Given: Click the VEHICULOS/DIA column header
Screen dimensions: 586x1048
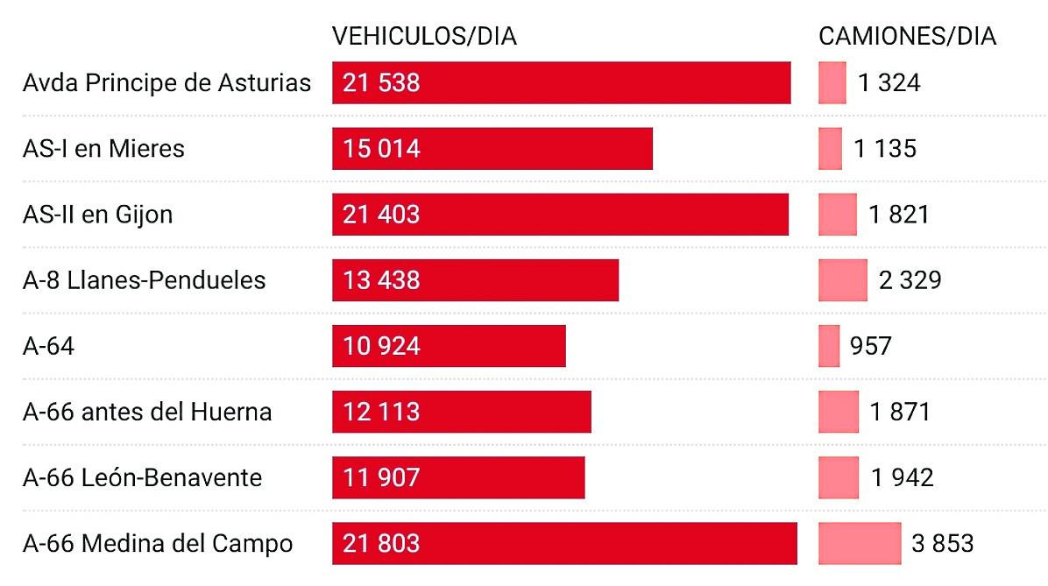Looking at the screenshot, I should point(424,36).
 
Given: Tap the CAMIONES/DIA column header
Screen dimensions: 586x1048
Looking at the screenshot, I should point(907,36).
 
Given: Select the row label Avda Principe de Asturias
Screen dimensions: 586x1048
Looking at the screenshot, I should point(166,83).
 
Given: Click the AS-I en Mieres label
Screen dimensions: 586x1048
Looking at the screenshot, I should point(103,149).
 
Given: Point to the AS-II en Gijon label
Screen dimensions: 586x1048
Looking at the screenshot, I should point(97,215).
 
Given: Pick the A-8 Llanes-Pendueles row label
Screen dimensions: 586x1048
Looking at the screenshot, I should point(144,280).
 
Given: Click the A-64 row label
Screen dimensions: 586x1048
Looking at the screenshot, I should point(48,346).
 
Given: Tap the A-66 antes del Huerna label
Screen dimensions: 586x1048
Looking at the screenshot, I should point(147,412).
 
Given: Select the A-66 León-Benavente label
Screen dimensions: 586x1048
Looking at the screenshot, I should point(142,477).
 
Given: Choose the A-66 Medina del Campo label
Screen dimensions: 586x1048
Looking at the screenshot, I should point(158,543).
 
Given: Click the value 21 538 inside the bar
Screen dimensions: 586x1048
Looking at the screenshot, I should point(382,83).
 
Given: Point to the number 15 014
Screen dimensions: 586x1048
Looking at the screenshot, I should point(382,149).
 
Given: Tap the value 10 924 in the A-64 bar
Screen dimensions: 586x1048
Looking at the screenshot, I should point(382,346).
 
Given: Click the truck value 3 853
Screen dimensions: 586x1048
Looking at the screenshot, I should point(942,543).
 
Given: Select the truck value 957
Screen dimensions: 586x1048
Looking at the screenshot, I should point(870,346).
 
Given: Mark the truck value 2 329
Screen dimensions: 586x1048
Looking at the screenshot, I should point(910,280).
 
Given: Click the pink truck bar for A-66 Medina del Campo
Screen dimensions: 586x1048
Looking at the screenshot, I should point(860,543).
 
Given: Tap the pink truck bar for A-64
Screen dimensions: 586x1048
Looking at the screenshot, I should point(829,346).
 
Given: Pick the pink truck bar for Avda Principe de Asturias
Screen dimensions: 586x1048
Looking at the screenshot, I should point(832,83).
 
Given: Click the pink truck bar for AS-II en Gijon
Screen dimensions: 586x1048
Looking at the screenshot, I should point(838,215).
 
